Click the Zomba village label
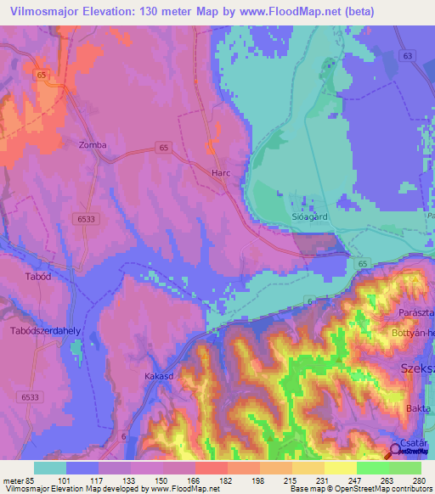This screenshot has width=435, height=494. [x=93, y=145]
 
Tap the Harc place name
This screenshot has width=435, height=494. [x=221, y=172]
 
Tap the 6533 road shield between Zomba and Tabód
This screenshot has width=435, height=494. [x=84, y=218]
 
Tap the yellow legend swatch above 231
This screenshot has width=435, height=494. [x=308, y=468]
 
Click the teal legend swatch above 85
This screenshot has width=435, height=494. [x=50, y=468]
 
